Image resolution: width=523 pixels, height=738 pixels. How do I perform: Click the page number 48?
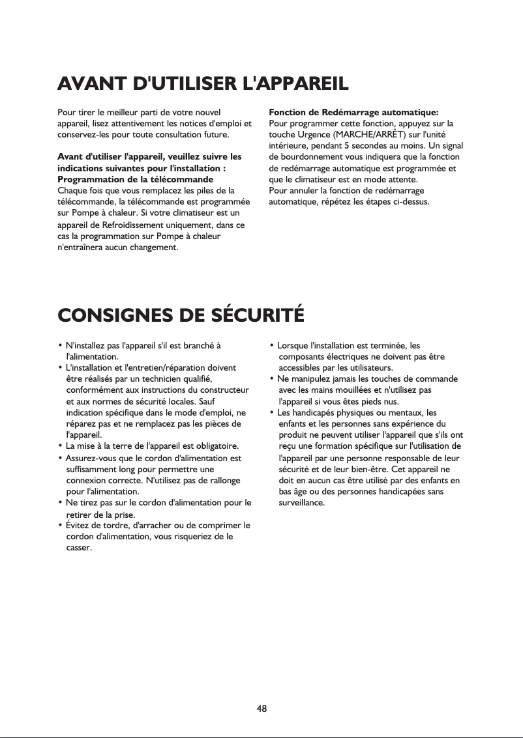pos(261,708)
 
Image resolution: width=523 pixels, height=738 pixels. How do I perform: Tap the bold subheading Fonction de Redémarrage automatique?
pos(353,112)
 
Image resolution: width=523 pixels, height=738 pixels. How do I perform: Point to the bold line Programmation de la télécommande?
pos(136,179)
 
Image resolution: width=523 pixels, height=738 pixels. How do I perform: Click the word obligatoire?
pos(214,446)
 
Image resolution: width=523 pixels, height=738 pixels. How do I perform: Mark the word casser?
pos(79,548)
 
